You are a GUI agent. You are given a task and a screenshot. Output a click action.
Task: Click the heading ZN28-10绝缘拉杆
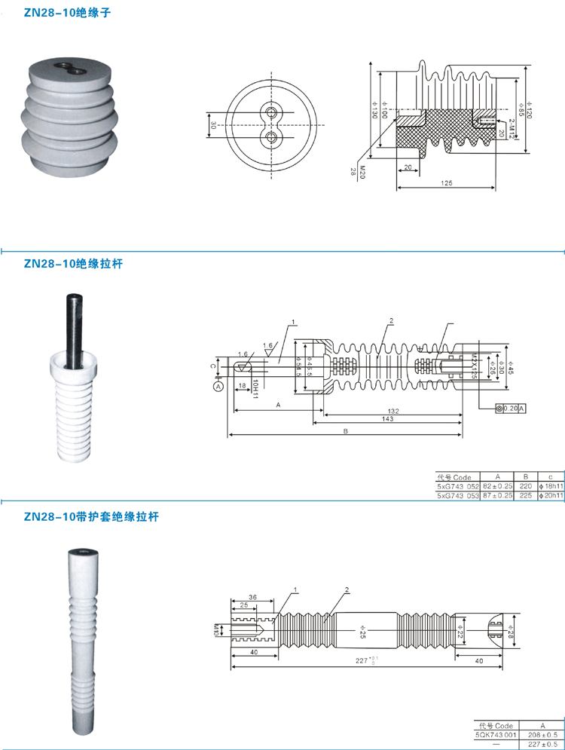[72, 265]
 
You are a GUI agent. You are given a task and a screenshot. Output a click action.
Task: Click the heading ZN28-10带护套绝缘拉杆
[91, 517]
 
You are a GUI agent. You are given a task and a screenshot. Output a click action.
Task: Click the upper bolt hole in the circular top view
[270, 112]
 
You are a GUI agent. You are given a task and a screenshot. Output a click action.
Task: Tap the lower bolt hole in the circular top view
[270, 136]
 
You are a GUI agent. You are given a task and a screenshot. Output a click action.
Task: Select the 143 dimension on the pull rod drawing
[387, 419]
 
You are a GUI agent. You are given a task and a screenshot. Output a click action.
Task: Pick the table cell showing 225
[526, 495]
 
